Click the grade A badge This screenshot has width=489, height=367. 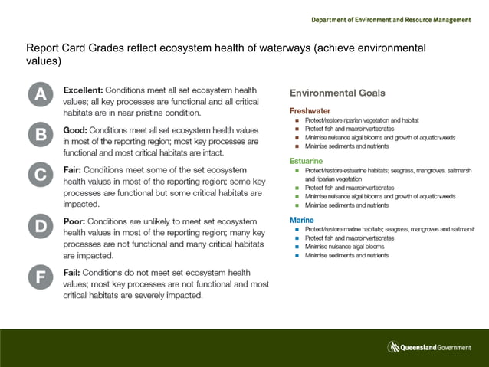click(41, 95)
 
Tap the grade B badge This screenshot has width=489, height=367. click(41, 136)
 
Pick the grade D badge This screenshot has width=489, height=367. click(41, 225)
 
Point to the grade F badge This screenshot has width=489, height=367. click(41, 277)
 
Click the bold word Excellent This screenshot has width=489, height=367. click(87, 90)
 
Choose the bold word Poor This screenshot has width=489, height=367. click(76, 221)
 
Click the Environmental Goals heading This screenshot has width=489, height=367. click(337, 93)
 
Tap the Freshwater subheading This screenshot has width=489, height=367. click(310, 110)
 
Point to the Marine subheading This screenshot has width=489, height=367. click(301, 220)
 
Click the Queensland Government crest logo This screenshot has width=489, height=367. click(394, 347)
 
